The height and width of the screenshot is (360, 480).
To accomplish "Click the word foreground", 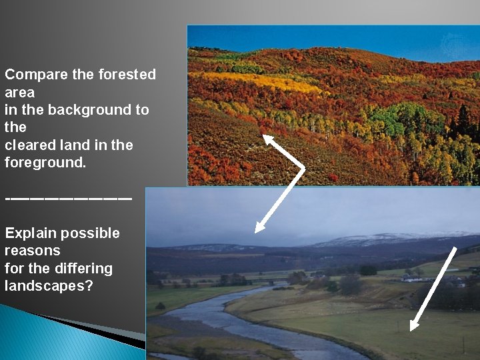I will (45, 163).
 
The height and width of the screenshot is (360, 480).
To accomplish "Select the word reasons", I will (32, 251).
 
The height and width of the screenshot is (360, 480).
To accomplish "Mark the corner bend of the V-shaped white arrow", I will (303, 168).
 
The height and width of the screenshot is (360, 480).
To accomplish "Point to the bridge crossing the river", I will (273, 283).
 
